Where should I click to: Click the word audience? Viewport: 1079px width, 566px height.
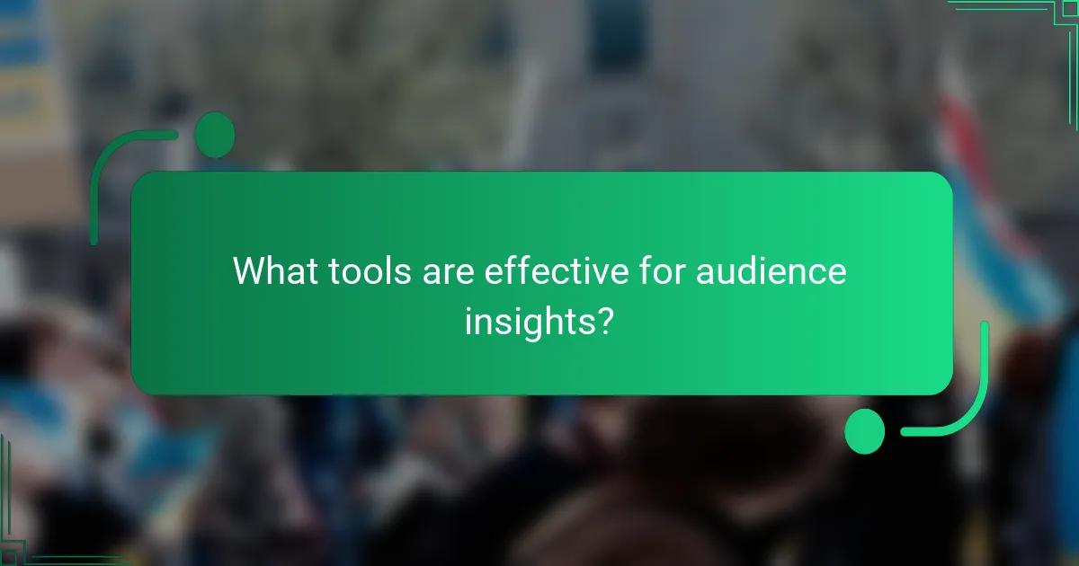click(x=771, y=270)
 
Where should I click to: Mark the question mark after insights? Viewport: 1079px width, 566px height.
click(x=606, y=320)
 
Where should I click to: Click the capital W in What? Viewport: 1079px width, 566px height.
click(x=250, y=270)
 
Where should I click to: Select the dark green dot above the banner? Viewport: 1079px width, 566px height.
click(x=215, y=136)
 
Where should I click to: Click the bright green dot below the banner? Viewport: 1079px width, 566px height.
click(x=865, y=431)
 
